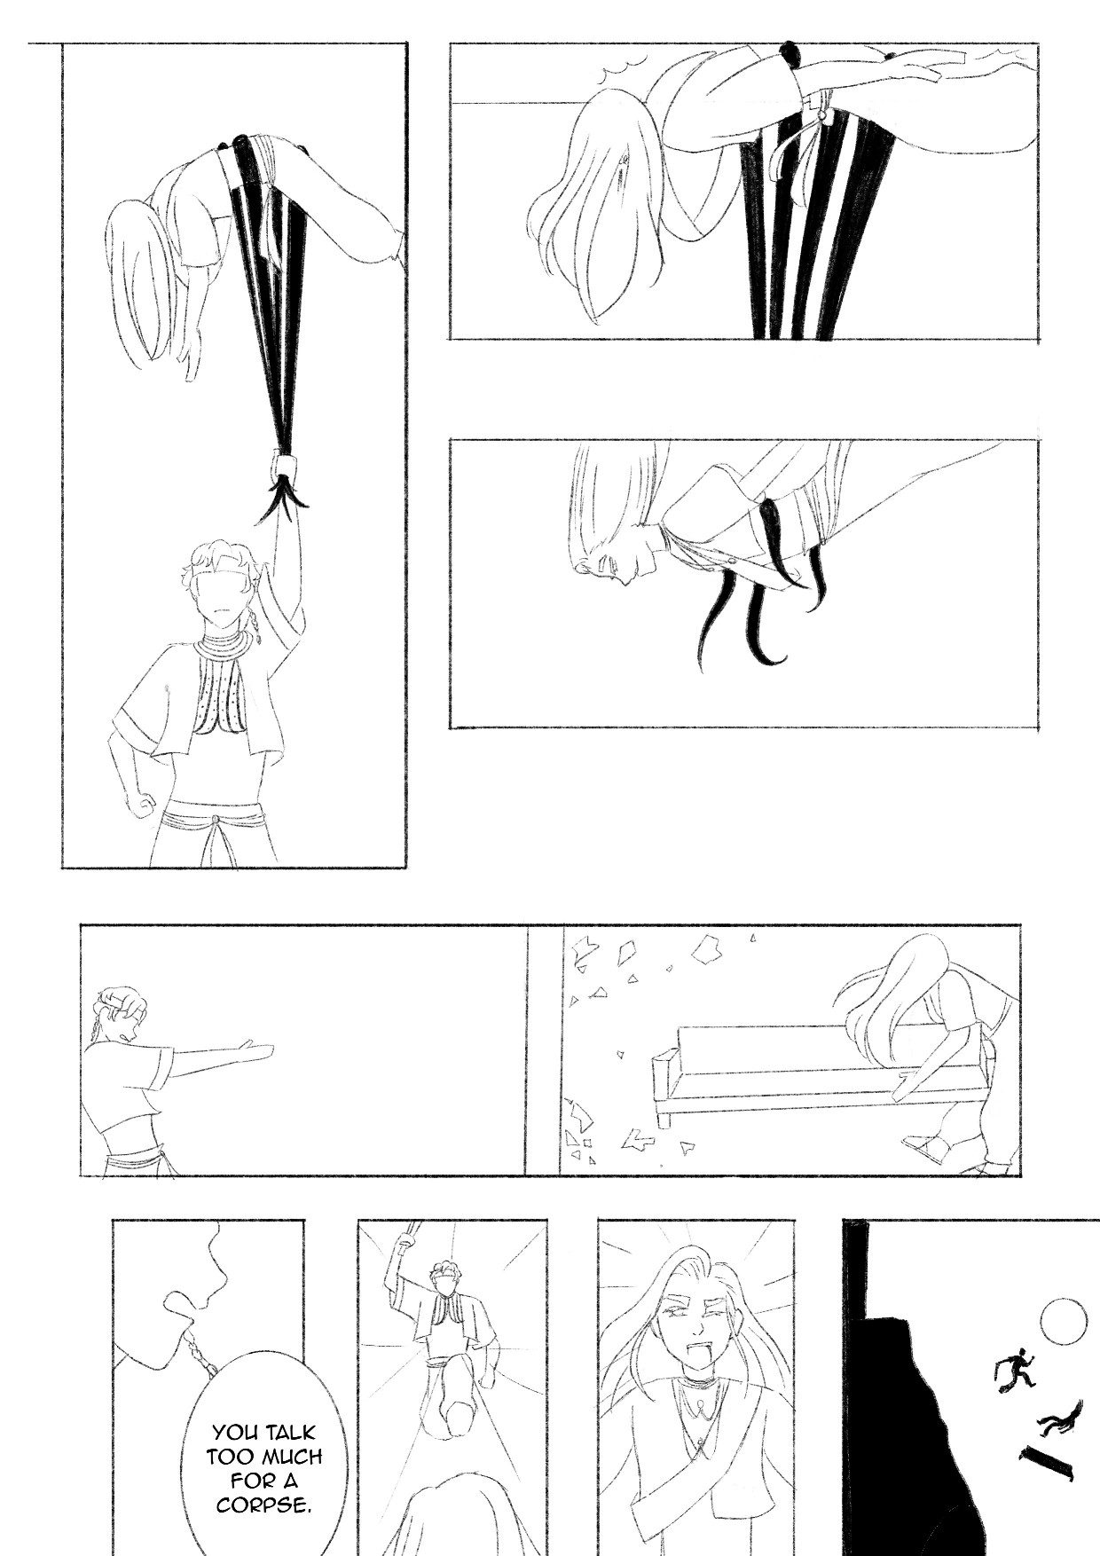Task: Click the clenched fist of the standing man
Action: [x=140, y=806]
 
